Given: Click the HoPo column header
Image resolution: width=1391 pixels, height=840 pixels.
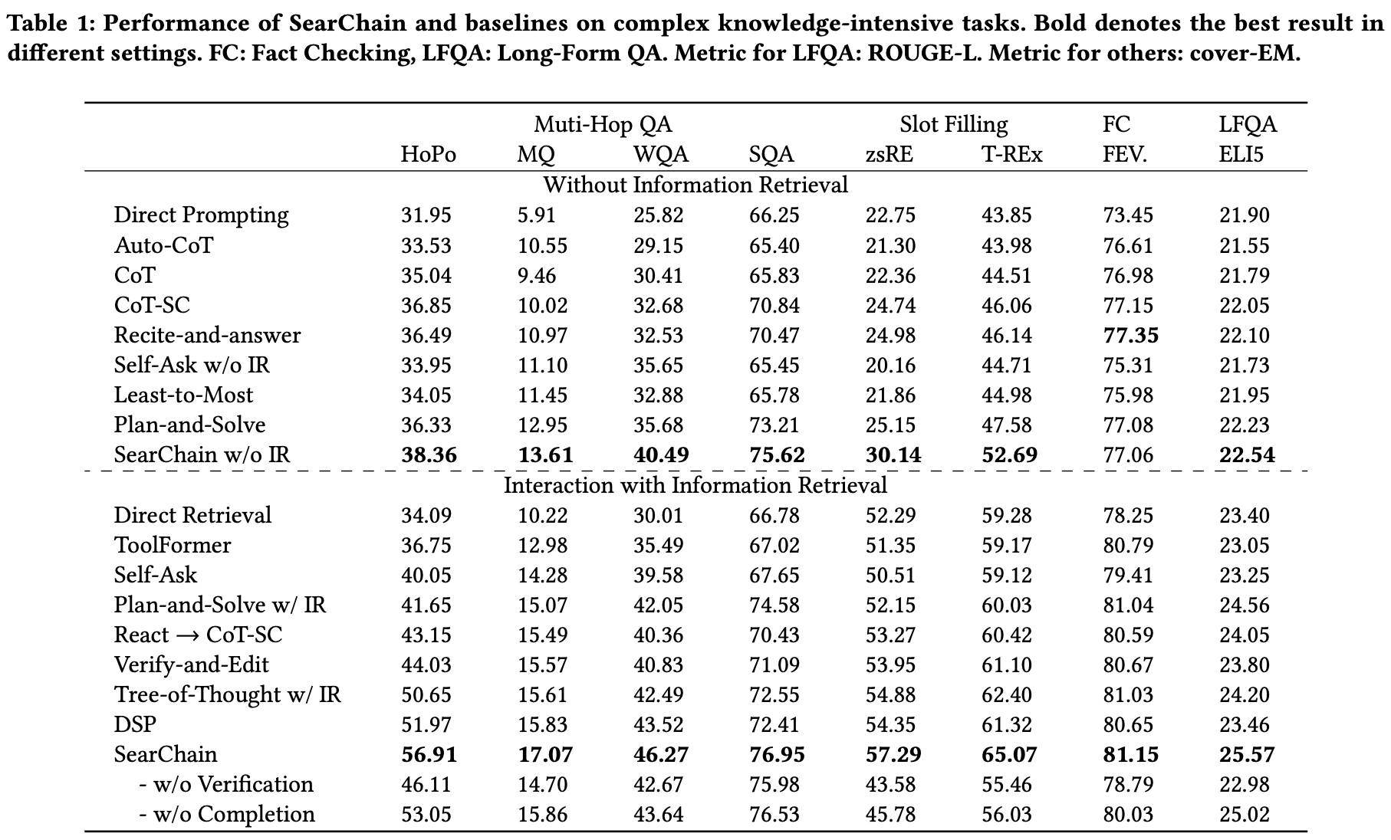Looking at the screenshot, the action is point(428,155).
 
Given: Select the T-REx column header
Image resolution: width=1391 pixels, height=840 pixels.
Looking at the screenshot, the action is point(1011,155).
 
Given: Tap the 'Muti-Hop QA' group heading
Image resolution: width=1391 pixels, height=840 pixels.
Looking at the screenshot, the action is point(603,124).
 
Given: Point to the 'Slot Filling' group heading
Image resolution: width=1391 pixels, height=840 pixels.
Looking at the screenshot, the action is point(953,124).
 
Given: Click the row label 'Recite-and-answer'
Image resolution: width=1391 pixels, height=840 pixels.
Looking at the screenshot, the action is point(207,335).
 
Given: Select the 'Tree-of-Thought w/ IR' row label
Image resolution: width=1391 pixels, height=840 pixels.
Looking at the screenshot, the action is point(227,694).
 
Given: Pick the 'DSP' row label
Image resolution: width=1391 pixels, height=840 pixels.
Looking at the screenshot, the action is point(135,724).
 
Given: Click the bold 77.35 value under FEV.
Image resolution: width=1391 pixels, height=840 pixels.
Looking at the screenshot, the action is point(1130,335).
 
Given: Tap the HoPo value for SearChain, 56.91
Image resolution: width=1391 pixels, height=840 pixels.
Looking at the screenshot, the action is point(429,754).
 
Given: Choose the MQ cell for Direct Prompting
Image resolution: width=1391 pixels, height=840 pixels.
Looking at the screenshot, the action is point(536,215).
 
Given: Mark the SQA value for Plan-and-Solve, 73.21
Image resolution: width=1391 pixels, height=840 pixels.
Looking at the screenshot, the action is point(774,425).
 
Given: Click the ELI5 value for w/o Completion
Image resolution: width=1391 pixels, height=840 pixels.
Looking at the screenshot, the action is point(1245,814).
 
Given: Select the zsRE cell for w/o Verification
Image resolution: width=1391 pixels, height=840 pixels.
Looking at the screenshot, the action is point(890,784).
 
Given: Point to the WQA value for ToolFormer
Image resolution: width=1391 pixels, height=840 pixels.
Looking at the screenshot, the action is point(658,545).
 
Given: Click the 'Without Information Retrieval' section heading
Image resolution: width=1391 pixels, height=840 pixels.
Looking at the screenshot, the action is point(695,185).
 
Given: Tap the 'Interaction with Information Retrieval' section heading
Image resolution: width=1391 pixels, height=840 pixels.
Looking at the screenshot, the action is point(695,485).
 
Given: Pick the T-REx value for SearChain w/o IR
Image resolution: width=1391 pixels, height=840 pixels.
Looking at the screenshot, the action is point(1009,454).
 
